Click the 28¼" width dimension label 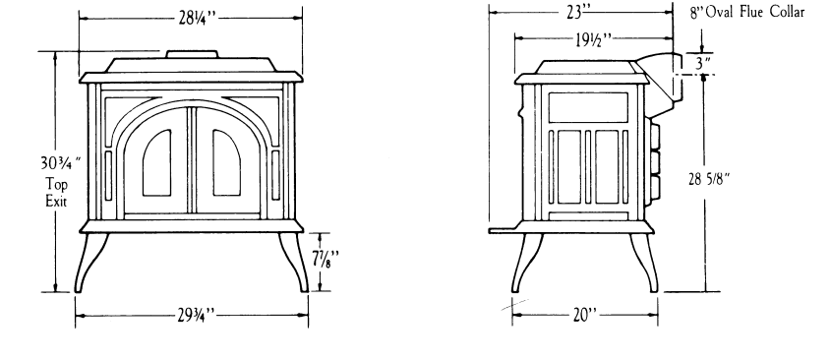coord(192,21)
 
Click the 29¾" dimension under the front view coord(192,316)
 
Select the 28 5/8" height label coord(726,178)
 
